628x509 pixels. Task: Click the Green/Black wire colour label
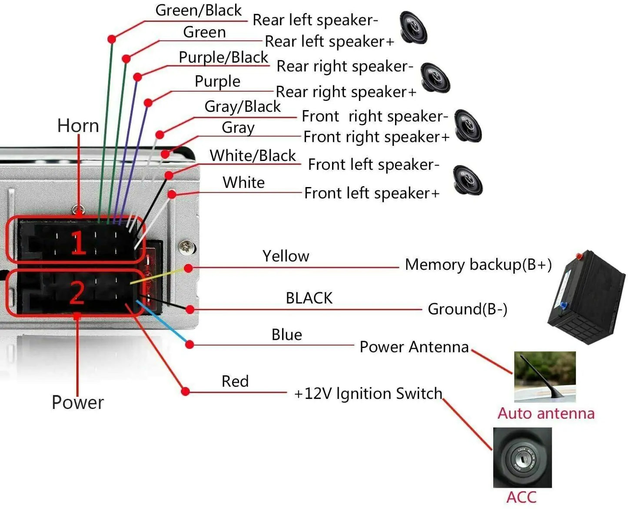(198, 10)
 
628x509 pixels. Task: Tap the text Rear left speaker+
(329, 42)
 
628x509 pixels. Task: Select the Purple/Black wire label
(223, 57)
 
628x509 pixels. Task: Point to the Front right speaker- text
(375, 117)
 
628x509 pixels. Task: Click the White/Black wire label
(253, 156)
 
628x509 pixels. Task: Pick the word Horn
(78, 126)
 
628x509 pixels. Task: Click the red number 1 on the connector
(78, 242)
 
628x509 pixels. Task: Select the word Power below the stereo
(78, 402)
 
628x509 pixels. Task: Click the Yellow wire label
(286, 256)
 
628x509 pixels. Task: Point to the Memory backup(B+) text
(478, 265)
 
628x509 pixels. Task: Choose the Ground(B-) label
(467, 309)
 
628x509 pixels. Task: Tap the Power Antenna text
(414, 347)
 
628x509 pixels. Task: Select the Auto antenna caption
(546, 413)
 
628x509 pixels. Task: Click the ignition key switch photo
(522, 458)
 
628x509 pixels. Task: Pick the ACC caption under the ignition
(522, 497)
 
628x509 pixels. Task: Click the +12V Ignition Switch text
(368, 394)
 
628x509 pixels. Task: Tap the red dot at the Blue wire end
(189, 345)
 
